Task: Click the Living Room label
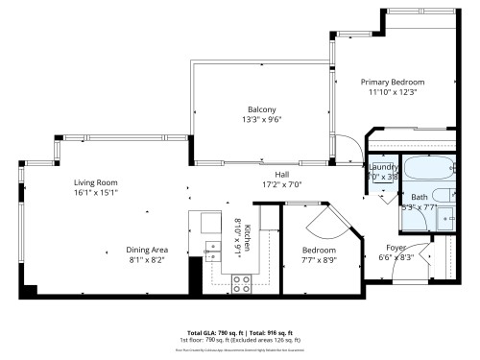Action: pos(95,181)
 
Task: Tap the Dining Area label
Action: pos(126,249)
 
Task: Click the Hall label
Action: pos(282,174)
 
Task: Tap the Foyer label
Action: pos(396,247)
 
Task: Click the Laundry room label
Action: pos(383,167)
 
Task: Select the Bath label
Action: pos(420,197)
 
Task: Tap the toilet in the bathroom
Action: pos(446,220)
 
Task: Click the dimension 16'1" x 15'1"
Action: pos(95,192)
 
